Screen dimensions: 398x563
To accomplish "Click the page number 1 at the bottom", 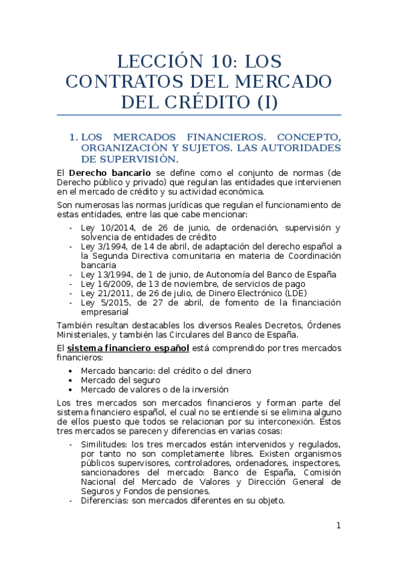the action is coord(338,526).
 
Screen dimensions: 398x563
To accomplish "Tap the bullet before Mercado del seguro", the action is coord(72,380).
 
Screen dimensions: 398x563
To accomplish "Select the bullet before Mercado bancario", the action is coord(72,370).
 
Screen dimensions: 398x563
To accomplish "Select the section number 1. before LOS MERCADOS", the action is coord(73,137).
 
